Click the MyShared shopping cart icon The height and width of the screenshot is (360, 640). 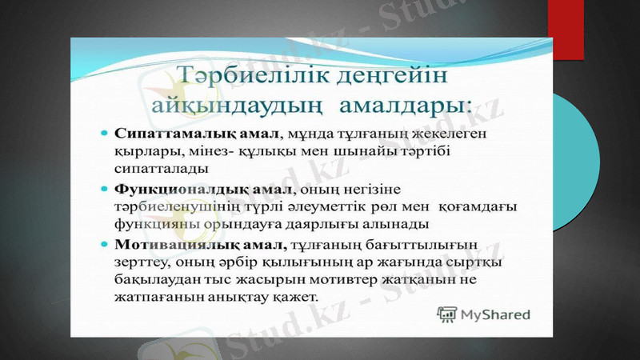[446, 314]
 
